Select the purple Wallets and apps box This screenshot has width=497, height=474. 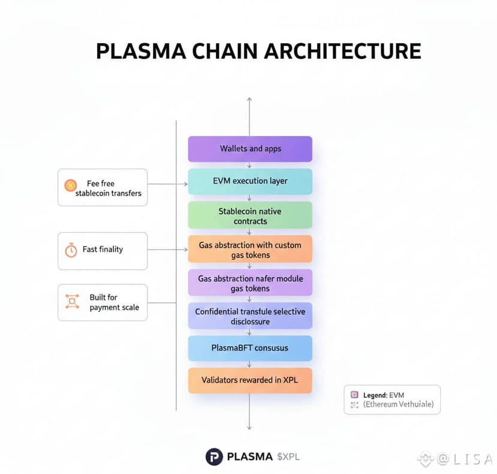tap(250, 149)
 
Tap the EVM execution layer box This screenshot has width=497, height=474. tap(250, 181)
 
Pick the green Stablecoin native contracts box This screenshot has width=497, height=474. tap(250, 216)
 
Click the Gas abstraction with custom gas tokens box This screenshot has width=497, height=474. tap(250, 249)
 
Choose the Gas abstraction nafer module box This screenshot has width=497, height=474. tap(250, 283)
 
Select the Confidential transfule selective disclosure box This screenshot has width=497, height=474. tap(250, 316)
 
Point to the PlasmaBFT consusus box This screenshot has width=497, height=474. tap(250, 348)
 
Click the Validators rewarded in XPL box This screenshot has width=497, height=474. tap(250, 380)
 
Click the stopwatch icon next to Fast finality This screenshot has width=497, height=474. tap(71, 250)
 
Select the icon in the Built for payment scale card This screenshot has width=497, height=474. tap(71, 301)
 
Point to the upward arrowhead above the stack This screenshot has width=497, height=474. tap(249, 99)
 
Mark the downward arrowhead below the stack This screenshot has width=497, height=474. tap(249, 427)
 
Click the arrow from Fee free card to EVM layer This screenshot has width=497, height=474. tap(168, 184)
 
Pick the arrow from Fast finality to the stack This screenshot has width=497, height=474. tap(168, 249)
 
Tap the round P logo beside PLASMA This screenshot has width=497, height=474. tap(214, 457)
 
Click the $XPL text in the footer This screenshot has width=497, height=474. tap(288, 457)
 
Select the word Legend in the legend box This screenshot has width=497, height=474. tap(375, 395)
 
